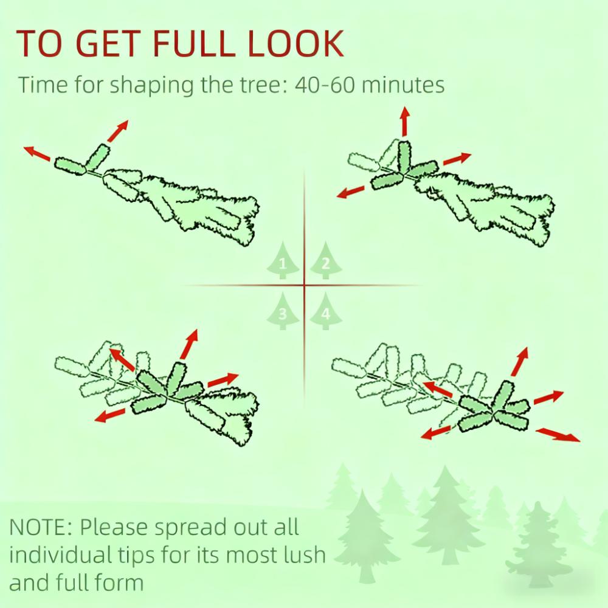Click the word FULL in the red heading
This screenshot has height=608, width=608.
click(194, 43)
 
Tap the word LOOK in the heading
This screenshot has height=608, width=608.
click(295, 43)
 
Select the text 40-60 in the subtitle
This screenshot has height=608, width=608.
click(325, 85)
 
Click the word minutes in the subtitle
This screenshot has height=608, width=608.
click(403, 85)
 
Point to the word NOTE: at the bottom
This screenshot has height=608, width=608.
click(41, 527)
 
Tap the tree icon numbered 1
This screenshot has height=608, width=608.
click(283, 261)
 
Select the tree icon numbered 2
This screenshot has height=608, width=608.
click(326, 261)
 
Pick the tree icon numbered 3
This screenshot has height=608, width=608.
click(283, 311)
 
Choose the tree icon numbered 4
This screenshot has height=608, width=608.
click(326, 311)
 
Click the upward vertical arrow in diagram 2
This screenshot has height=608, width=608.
click(405, 121)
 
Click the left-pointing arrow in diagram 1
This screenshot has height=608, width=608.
click(37, 153)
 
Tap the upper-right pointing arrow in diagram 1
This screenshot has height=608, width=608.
click(117, 131)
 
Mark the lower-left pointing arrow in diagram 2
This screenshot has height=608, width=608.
click(351, 192)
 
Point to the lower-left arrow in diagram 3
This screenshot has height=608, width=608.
click(109, 415)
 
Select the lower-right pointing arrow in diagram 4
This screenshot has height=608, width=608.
click(558, 435)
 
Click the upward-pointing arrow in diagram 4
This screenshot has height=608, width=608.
click(520, 362)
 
